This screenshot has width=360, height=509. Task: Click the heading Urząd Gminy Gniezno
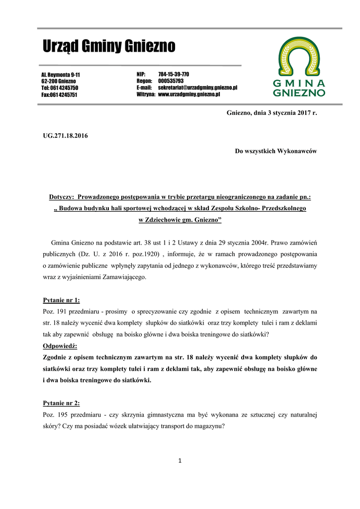pos(108,47)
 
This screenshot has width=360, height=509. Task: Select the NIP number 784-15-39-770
pos(174,74)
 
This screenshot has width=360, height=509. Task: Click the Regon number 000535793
pos(171,81)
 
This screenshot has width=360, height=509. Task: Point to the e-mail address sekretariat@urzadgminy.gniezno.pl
pos(197,87)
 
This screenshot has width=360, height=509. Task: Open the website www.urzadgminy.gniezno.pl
pos(189,93)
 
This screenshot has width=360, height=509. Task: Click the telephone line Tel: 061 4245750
pos(60,87)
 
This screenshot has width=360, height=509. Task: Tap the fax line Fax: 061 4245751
pos(59,94)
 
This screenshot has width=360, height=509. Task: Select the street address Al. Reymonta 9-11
pos(60,75)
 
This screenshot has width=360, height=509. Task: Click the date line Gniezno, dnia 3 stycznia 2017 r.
pos(271,113)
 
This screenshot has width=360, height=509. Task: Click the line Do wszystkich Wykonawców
pos(275,151)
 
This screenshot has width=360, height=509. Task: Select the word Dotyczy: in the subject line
pos(62,197)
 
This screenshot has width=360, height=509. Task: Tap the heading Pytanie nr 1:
pos(62,300)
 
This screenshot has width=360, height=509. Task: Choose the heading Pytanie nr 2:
pos(62,403)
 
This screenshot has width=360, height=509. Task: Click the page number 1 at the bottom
pos(180,461)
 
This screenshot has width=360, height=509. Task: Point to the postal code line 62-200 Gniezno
pos(58,81)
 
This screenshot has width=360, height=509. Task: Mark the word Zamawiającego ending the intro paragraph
pos(124,277)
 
